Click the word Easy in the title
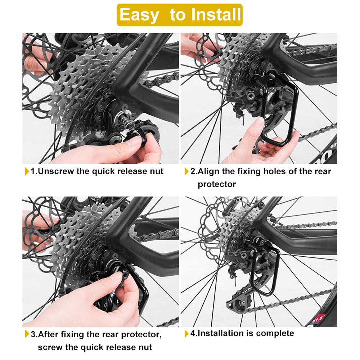tap(139, 15)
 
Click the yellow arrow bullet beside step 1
tap(27, 171)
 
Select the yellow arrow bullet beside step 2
tap(186, 171)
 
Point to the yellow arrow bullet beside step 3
tap(27, 334)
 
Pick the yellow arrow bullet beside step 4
tap(186, 334)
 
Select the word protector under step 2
tap(217, 184)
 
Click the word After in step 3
tap(49, 334)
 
